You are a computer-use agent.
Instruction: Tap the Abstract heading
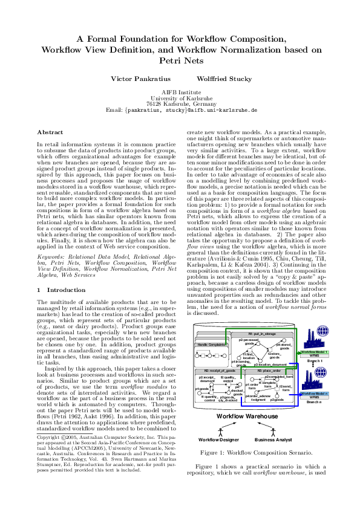(x=50, y=132)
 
